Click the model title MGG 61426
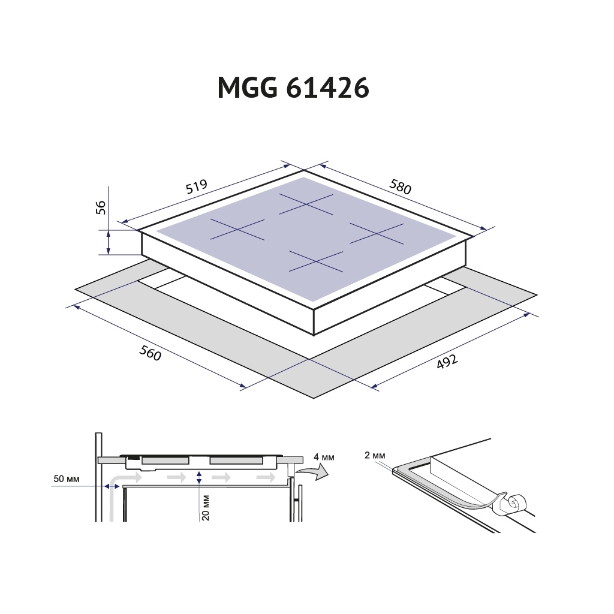tap(293, 88)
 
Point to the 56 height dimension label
tap(101, 207)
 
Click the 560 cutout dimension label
tap(150, 354)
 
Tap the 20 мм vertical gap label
tap(206, 507)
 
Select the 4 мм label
tap(324, 458)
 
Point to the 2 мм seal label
tap(374, 455)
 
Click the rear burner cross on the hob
tap(306, 204)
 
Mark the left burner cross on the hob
tap(237, 230)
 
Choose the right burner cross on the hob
tap(377, 233)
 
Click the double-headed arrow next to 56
tap(108, 242)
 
